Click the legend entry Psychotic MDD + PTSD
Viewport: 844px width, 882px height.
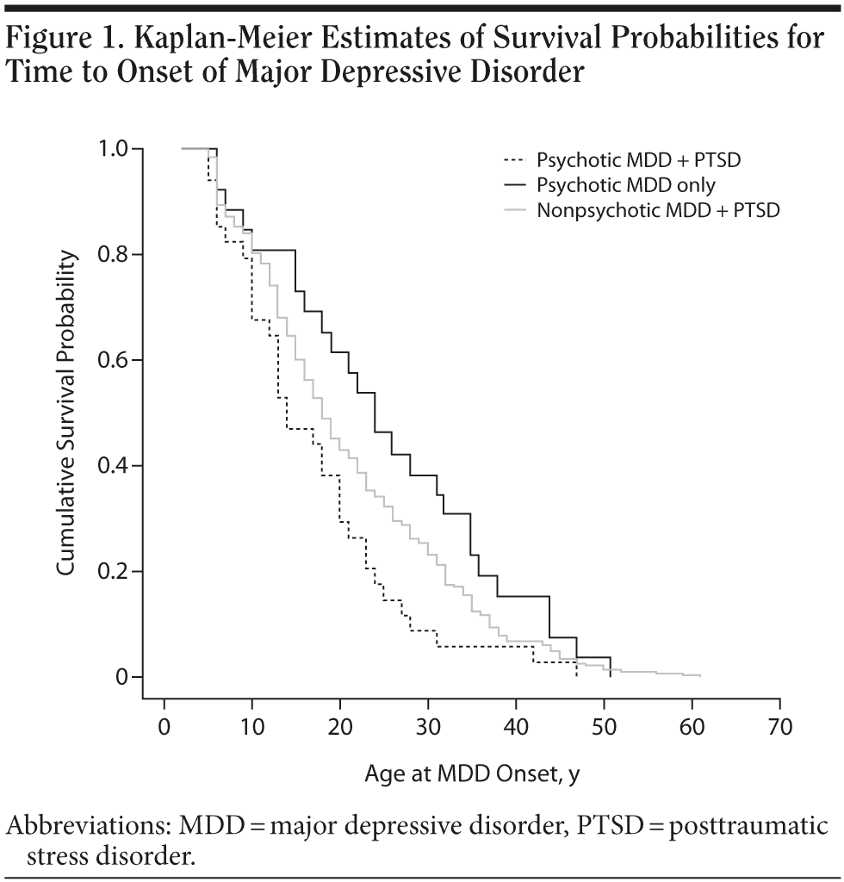637,159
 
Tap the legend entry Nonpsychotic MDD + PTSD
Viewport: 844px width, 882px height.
658,209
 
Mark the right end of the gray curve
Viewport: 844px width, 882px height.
700,676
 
